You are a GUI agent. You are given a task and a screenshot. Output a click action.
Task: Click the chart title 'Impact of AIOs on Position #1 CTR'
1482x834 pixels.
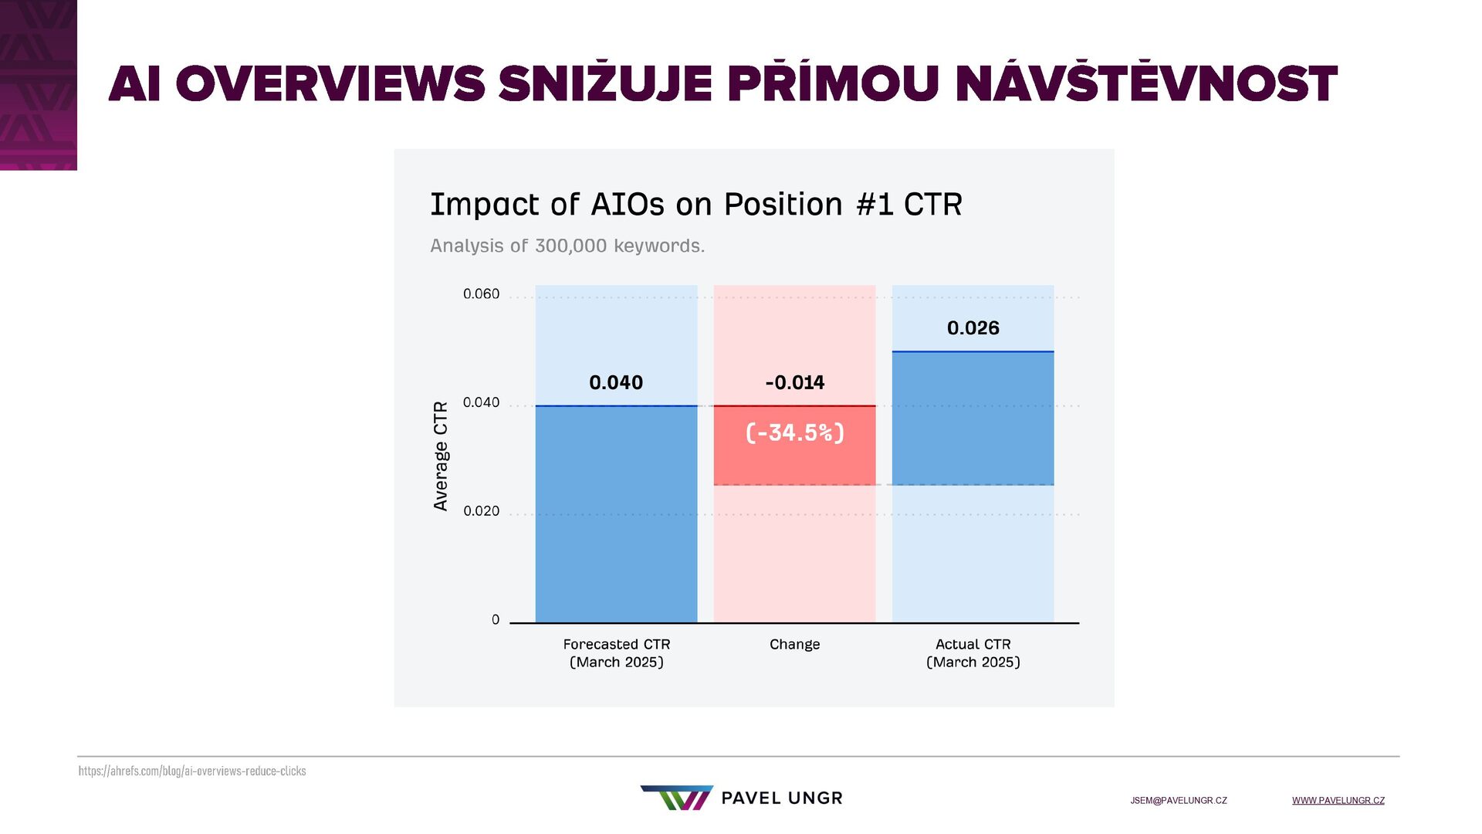click(x=695, y=205)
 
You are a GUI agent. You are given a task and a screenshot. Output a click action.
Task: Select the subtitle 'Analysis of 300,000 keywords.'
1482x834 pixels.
click(x=567, y=246)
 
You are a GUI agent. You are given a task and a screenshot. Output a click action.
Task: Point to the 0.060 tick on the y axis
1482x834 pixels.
click(x=481, y=294)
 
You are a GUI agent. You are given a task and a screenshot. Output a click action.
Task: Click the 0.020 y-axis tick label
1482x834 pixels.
click(x=481, y=511)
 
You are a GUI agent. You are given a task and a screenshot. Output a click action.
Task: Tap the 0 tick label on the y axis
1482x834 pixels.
click(x=496, y=620)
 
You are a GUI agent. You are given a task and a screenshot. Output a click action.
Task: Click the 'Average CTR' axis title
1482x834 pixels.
click(x=441, y=456)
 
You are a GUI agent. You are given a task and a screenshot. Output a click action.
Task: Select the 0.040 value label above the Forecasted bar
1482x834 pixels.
click(x=616, y=382)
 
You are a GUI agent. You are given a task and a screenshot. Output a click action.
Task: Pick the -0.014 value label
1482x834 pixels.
click(x=794, y=382)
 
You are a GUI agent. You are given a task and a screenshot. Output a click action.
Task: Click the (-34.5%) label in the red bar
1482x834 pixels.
click(x=794, y=432)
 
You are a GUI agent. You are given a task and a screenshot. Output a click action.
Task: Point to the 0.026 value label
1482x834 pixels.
click(x=973, y=328)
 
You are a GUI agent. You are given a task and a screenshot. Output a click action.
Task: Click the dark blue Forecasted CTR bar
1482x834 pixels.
click(x=616, y=514)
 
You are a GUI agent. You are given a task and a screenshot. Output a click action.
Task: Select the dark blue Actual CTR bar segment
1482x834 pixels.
click(x=973, y=419)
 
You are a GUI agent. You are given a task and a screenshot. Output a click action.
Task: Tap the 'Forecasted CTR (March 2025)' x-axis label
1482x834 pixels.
click(x=616, y=653)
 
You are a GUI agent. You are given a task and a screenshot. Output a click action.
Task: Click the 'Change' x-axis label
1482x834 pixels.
click(x=794, y=645)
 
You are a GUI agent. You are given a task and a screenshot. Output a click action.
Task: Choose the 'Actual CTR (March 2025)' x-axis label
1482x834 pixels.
click(x=973, y=653)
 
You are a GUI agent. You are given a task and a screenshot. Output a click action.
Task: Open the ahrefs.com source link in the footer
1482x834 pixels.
click(x=192, y=771)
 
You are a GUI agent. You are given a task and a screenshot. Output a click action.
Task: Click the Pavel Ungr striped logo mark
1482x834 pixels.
click(x=676, y=798)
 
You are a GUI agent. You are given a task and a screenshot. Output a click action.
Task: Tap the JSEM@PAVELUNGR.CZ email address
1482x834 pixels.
click(x=1179, y=801)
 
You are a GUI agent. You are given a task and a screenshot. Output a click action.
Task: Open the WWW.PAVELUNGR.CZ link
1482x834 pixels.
click(x=1338, y=801)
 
